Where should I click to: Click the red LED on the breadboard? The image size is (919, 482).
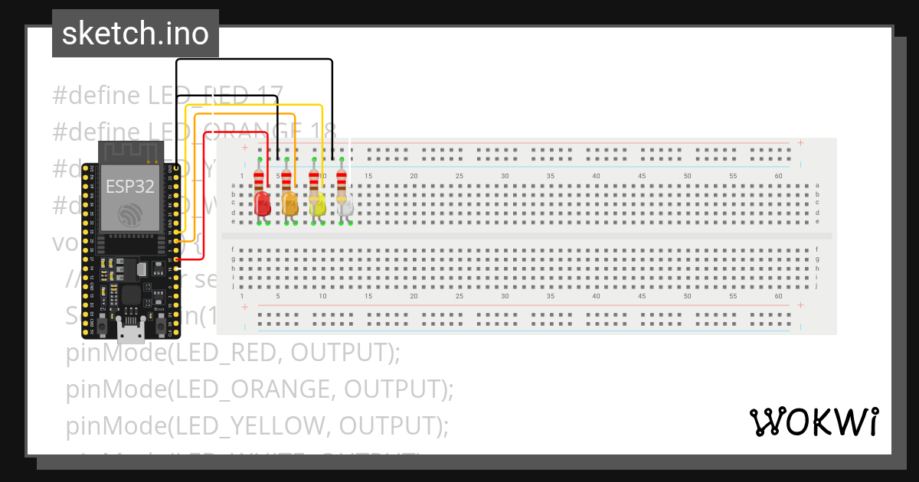[262, 204]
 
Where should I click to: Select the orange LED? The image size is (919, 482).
[289, 204]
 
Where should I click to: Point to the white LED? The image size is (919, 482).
[345, 205]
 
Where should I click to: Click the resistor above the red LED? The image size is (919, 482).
[260, 180]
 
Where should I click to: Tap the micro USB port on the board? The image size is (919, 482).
[131, 331]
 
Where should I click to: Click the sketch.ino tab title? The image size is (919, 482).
[136, 34]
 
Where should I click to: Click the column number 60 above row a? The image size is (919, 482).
[779, 177]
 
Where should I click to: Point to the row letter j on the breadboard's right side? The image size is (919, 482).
[817, 286]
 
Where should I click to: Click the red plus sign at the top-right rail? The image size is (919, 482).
[800, 142]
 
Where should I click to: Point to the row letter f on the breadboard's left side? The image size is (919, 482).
[233, 249]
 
